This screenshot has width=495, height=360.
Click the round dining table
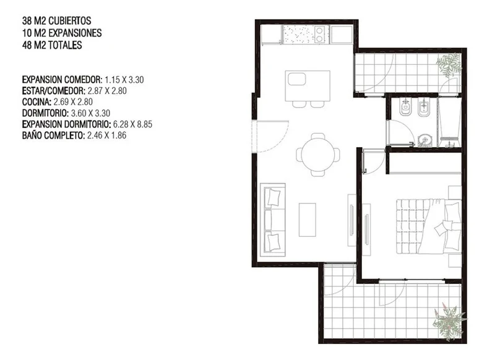tap(318, 155)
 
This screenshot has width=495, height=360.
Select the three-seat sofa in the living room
tap(273, 220)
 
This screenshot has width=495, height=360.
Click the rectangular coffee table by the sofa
tap(308, 220)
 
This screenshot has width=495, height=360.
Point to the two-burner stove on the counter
tap(319, 35)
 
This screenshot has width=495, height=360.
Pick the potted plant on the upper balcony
tap(449, 64)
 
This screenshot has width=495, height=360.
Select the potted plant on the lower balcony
tap(449, 322)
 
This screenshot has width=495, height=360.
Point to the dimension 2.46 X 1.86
tap(106, 135)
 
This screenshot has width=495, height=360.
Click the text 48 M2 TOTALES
tap(52, 45)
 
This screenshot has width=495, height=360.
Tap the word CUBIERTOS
tap(70, 21)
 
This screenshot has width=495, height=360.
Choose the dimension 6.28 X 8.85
tap(132, 124)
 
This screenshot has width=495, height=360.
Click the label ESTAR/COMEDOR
tap(54, 91)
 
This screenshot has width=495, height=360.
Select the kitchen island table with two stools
tap(308, 88)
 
